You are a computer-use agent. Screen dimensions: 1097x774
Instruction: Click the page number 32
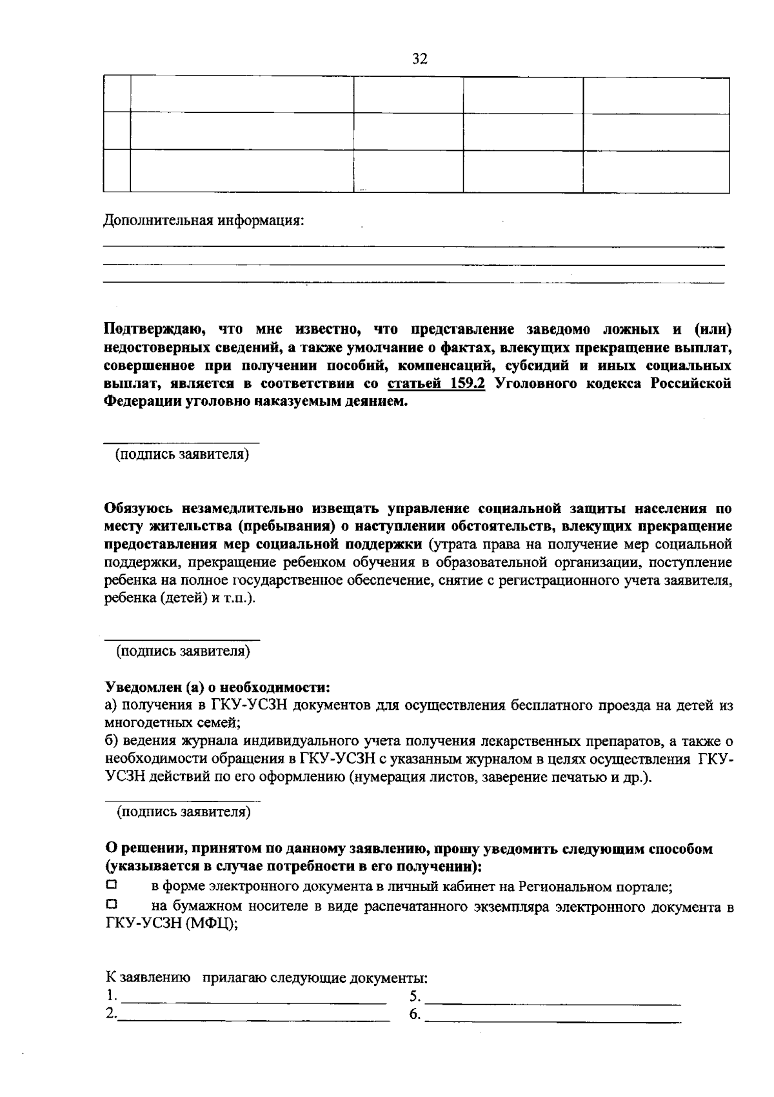click(420, 59)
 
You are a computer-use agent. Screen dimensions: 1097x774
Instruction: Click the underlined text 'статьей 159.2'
click(436, 383)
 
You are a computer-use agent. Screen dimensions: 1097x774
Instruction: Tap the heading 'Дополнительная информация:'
click(204, 221)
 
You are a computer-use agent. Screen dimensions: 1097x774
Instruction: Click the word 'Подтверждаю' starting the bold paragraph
click(154, 330)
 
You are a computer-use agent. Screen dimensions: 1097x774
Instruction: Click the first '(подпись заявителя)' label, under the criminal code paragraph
click(183, 455)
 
